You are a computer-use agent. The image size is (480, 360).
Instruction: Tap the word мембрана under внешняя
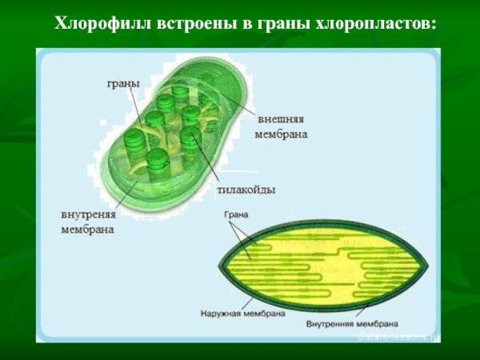[281, 134]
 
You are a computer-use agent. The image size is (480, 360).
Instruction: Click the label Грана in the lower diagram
[236, 215]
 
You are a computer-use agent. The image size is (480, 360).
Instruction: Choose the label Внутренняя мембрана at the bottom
[352, 325]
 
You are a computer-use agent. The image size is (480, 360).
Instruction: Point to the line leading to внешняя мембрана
[236, 104]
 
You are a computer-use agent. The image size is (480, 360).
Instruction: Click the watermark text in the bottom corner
[396, 337]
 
